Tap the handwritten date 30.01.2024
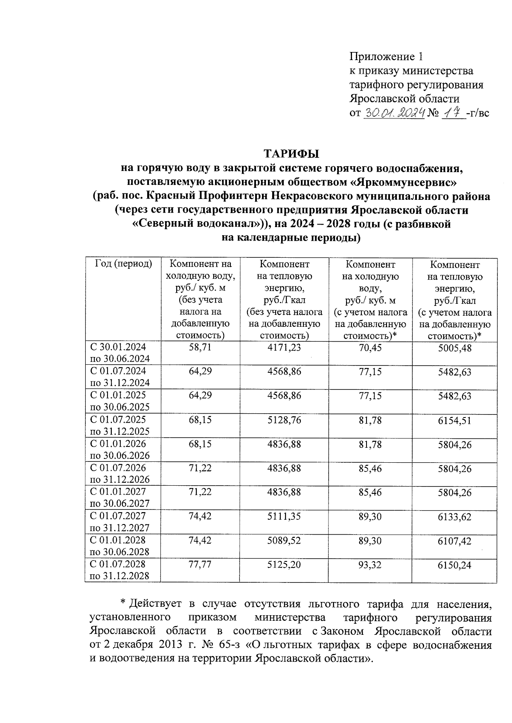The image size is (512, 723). tap(394, 113)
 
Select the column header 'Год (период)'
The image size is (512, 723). tap(123, 264)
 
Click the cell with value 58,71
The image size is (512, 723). tap(200, 348)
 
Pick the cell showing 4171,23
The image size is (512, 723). tap(284, 348)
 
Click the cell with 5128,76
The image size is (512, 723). tap(284, 420)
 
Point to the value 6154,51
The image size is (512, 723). tap(454, 420)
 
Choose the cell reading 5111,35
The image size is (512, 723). tap(284, 516)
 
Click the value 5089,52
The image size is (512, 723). tap(284, 540)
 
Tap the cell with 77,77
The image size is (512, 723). tap(200, 565)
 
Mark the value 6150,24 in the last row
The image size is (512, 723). tap(454, 565)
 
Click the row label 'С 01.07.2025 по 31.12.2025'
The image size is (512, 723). tap(120, 425)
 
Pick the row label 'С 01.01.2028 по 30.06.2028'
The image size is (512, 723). tap(120, 546)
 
